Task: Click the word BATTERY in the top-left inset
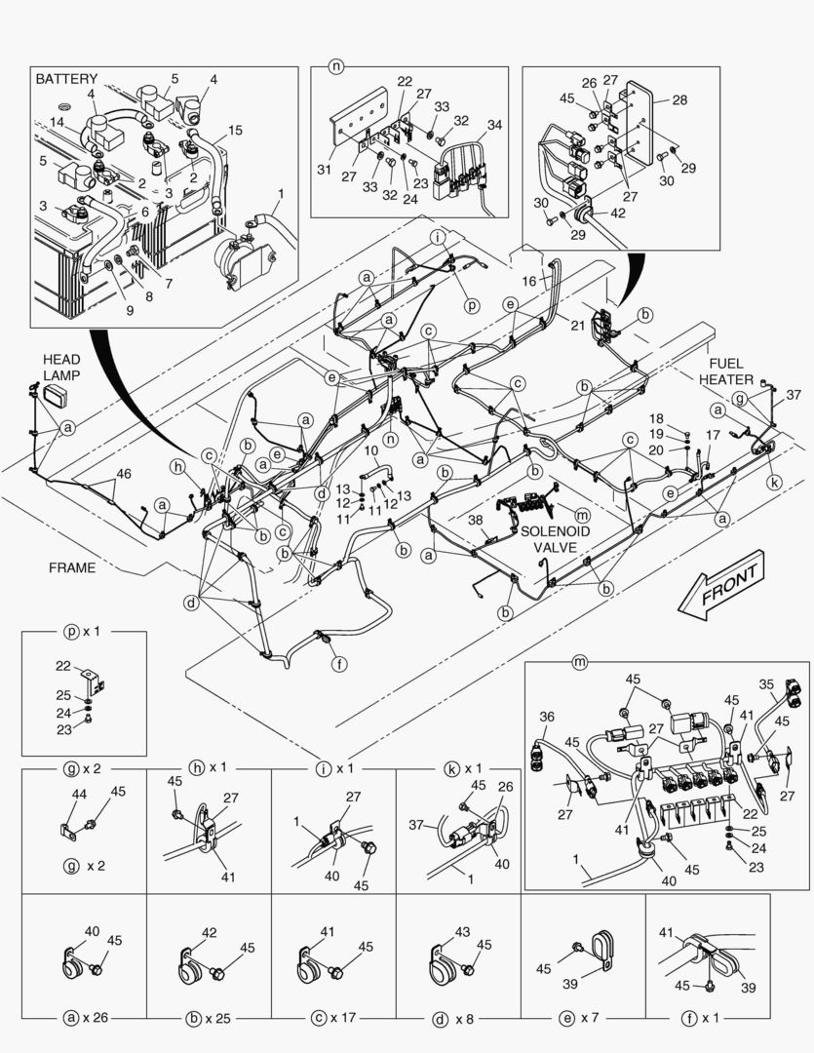click(67, 78)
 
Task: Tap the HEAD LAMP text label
click(60, 367)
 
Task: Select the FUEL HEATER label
click(731, 370)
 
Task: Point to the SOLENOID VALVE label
click(555, 538)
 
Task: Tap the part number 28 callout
click(679, 99)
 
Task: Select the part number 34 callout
click(494, 125)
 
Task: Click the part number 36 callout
click(547, 717)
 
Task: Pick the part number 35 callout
click(766, 683)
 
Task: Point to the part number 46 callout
click(123, 473)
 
